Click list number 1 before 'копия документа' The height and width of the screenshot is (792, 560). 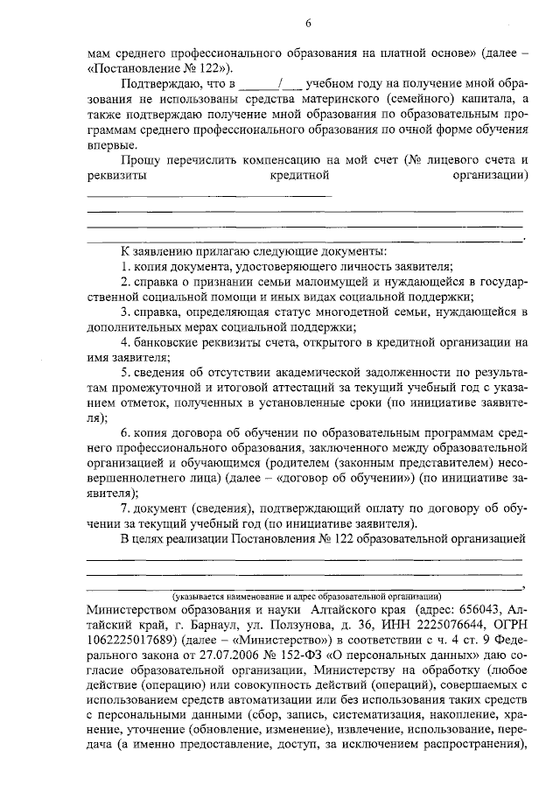[124, 265]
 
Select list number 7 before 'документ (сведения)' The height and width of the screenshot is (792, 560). [125, 509]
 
